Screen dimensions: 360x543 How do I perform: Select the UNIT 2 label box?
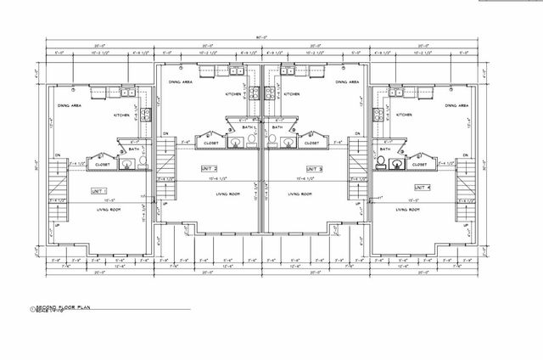pos(209,168)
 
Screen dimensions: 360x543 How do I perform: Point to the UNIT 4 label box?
pos(422,186)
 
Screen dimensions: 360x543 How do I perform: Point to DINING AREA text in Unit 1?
pos(70,105)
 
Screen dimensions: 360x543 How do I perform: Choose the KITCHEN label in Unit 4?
pos(404,114)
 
